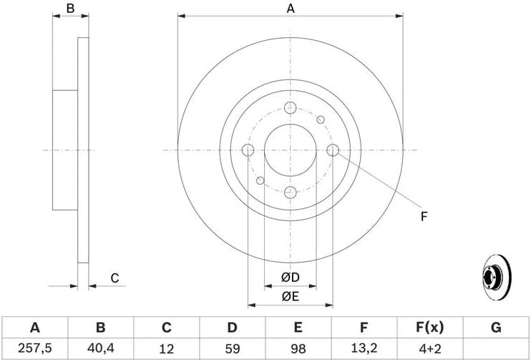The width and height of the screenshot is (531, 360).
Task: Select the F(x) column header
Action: [x=429, y=328]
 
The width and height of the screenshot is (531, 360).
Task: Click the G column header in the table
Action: [x=495, y=328]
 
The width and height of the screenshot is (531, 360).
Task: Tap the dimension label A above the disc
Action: [x=291, y=9]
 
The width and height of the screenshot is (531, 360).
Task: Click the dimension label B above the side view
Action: [x=70, y=9]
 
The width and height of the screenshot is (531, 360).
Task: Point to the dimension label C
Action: [x=114, y=278]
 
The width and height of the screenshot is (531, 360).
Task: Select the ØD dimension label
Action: [x=290, y=277]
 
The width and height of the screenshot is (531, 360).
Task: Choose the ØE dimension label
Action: [x=290, y=295]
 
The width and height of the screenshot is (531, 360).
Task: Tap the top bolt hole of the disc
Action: [x=290, y=107]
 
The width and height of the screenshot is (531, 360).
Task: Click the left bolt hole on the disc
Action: [x=248, y=150]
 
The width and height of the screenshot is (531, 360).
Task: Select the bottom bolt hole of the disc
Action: [x=290, y=193]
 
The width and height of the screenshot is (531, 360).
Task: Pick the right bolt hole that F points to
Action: [x=333, y=150]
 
